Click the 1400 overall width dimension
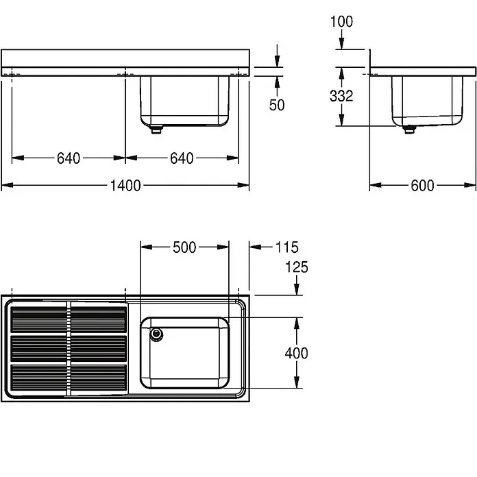coord(125,186)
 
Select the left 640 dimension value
coord(69,158)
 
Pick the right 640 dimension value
coord(182,158)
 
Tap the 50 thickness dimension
coord(277,105)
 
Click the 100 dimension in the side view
coord(341,22)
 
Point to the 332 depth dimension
coord(341,96)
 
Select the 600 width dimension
coord(422,186)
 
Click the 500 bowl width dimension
coord(184,247)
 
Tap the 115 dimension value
coord(287,247)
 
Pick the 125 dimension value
coord(297,267)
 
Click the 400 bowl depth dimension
coord(296,353)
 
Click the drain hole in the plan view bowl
coord(156,334)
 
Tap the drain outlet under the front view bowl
coord(156,130)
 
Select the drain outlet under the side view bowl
coord(409,130)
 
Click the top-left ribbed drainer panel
coord(38,319)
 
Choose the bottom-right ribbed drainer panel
coord(99,378)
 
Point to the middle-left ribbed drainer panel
coord(38,348)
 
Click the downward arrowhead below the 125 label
coord(297,289)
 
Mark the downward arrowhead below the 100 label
coord(341,43)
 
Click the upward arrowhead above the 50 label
coord(277,82)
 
